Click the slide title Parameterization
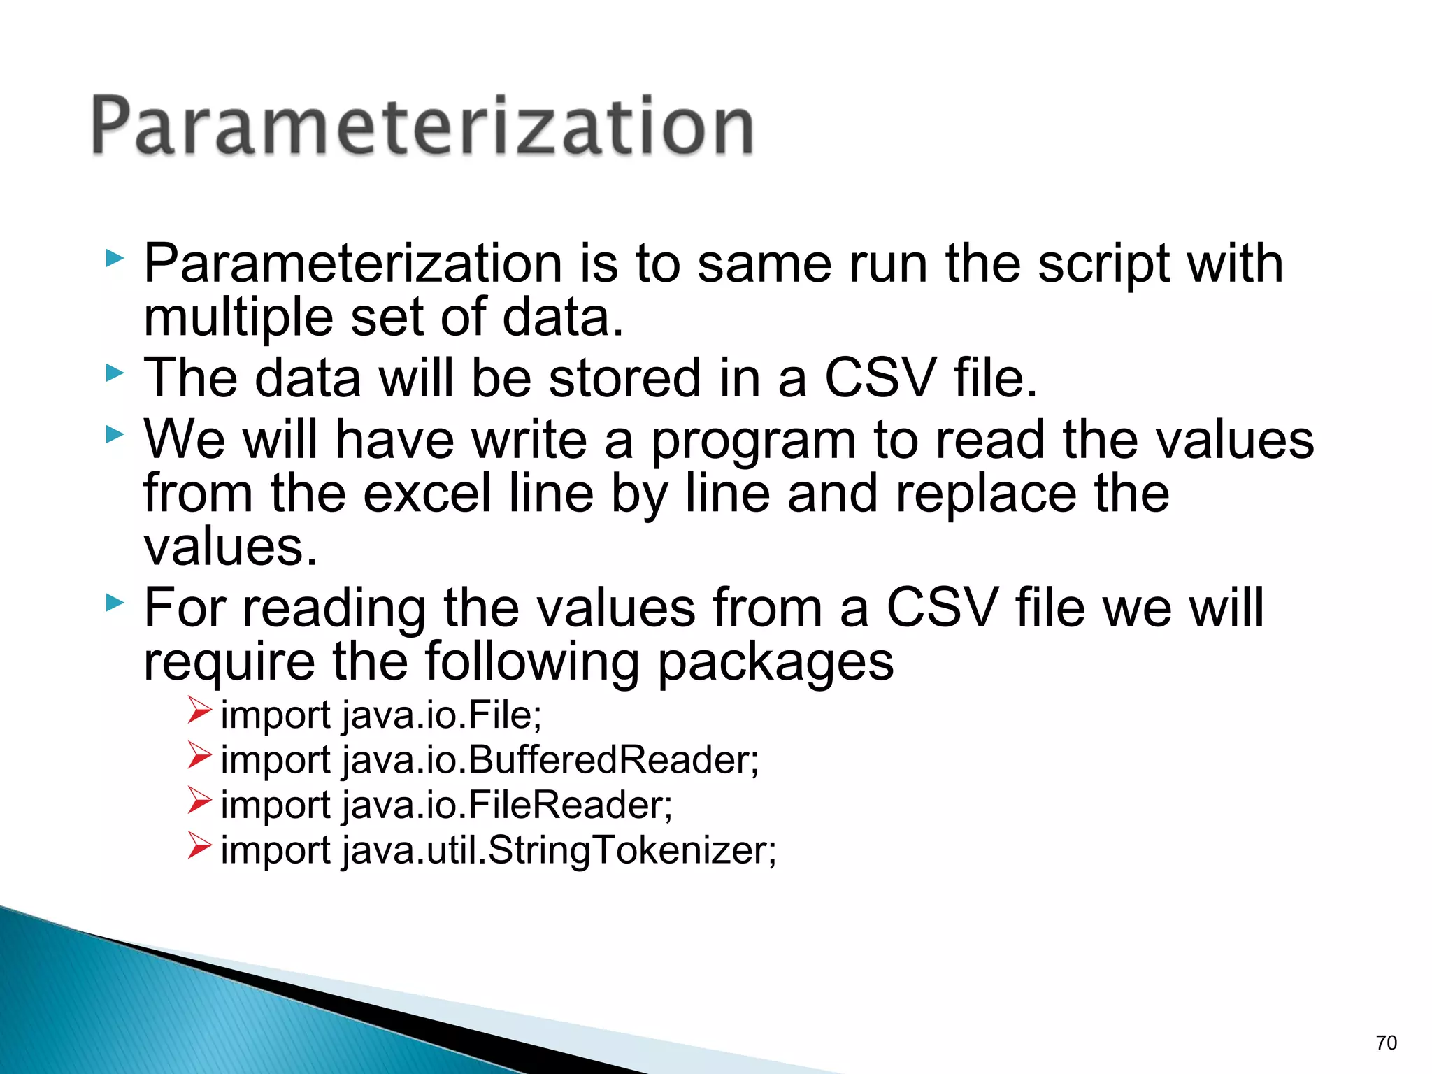click(422, 127)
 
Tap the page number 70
click(1386, 1043)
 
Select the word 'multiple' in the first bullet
click(238, 318)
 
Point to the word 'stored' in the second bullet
click(624, 378)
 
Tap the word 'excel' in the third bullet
click(427, 494)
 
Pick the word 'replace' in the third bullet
click(987, 494)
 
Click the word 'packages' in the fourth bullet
click(775, 662)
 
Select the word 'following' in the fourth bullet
click(531, 662)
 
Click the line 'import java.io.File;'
click(381, 715)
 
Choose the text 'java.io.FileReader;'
click(507, 805)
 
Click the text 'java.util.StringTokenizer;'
click(559, 851)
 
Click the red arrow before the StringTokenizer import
click(199, 846)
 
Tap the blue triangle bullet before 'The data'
click(115, 373)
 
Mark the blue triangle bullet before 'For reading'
click(115, 603)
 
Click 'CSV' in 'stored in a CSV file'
click(879, 378)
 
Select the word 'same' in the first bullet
click(764, 264)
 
